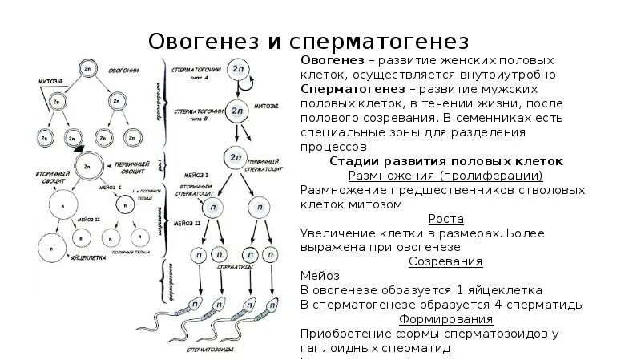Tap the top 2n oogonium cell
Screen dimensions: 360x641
[x=87, y=69]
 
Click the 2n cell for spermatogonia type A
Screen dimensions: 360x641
[x=238, y=69]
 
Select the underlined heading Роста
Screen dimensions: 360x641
[x=445, y=219]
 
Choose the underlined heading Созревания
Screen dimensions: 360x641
[x=445, y=261]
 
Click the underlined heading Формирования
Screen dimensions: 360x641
[x=445, y=319]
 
